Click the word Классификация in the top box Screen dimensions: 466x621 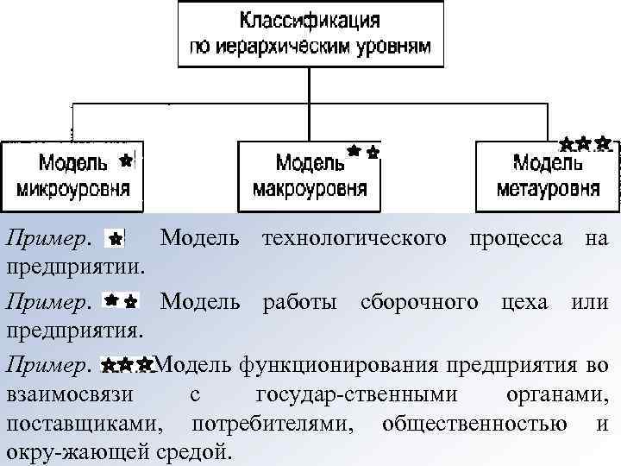(x=310, y=19)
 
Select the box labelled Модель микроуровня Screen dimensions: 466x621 (x=72, y=175)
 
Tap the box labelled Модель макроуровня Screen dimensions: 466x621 (x=310, y=175)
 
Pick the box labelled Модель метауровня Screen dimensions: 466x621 (x=548, y=175)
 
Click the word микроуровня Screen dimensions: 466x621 (x=73, y=189)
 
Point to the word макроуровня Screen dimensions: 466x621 (x=310, y=189)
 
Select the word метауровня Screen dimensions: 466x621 (x=548, y=189)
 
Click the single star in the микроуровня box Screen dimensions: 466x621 (x=126, y=161)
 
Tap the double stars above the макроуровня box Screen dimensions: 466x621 (x=362, y=153)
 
